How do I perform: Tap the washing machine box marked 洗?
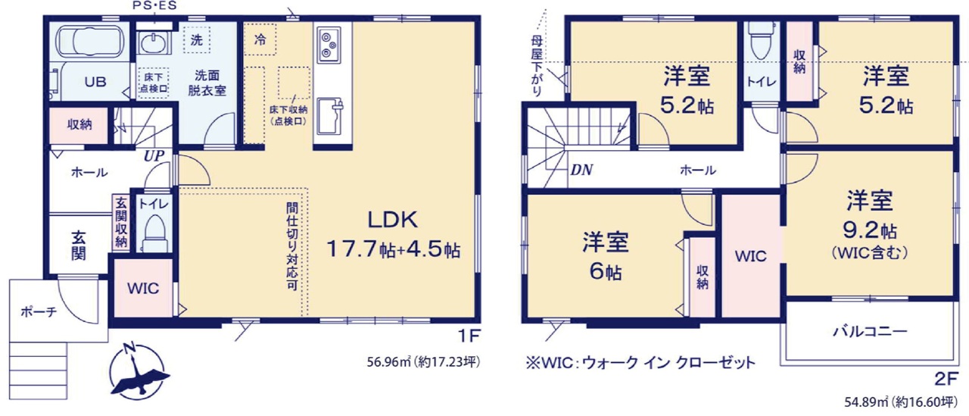[x=196, y=40]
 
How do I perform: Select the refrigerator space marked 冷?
[x=260, y=39]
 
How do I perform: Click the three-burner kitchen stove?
[x=329, y=44]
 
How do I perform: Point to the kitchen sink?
[x=330, y=116]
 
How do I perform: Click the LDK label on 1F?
[x=392, y=220]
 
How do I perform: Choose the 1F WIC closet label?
[x=143, y=288]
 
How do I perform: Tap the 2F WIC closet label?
[x=750, y=256]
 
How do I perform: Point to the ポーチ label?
[x=39, y=311]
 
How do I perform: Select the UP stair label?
[x=154, y=156]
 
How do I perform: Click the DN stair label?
[x=581, y=170]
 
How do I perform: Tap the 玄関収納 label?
[x=121, y=222]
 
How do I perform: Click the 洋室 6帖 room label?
[x=605, y=256]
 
